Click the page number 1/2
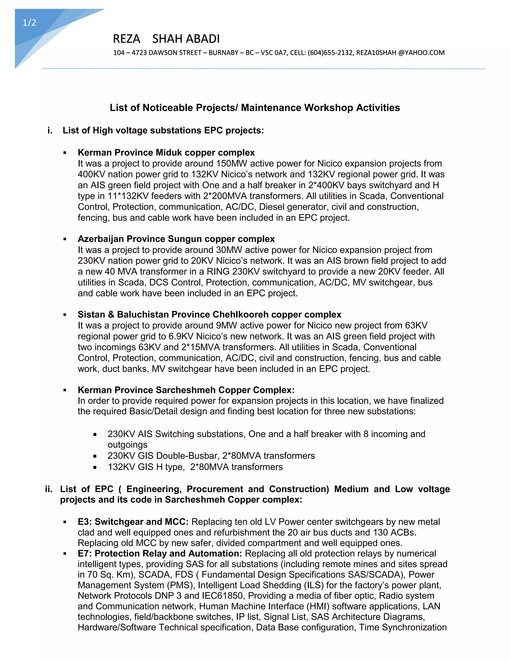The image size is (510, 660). [x=29, y=23]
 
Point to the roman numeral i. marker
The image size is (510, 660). [x=50, y=130]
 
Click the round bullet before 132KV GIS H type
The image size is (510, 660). [x=95, y=467]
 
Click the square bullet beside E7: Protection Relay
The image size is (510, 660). [x=65, y=554]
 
